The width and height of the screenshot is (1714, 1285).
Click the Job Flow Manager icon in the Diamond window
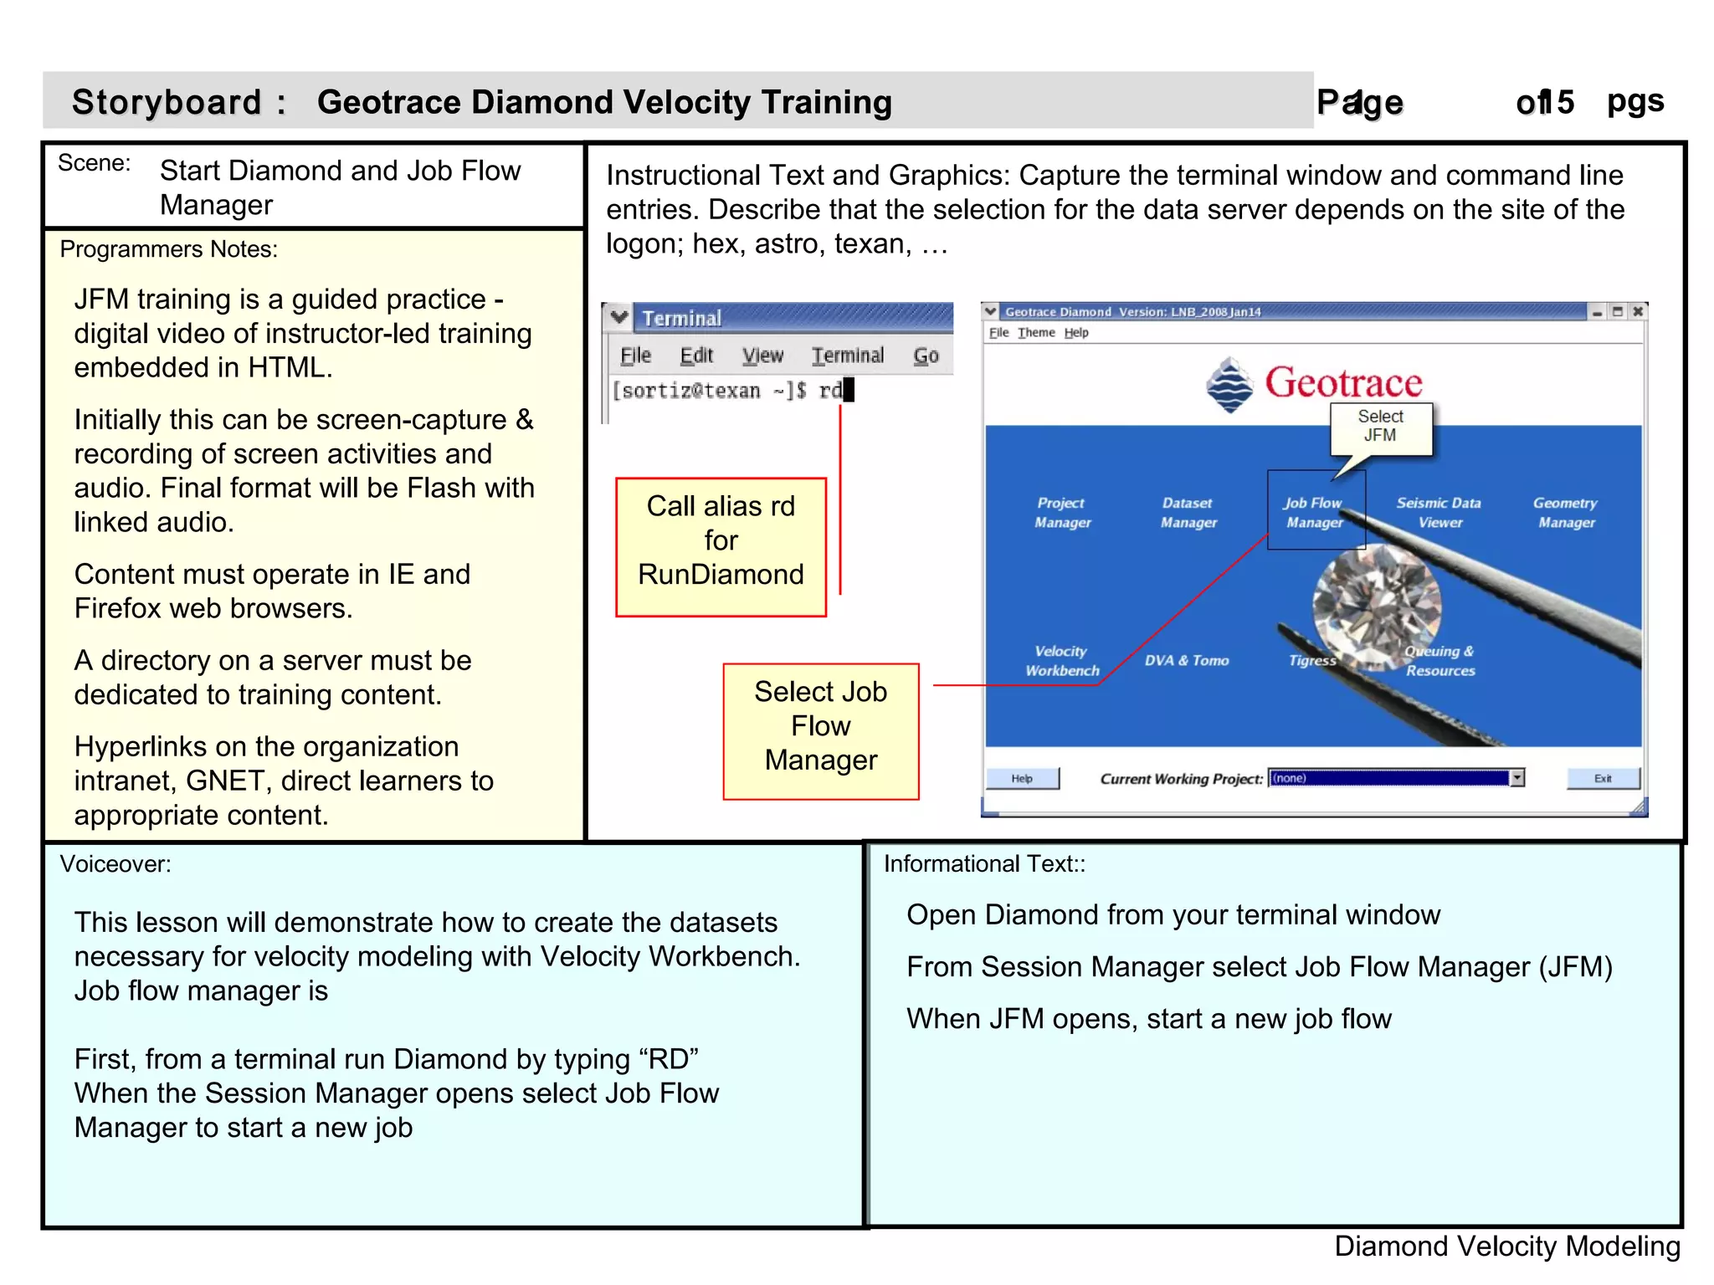point(1315,511)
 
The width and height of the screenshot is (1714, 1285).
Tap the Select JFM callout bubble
point(1380,426)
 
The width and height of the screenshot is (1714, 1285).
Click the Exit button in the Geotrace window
point(1602,778)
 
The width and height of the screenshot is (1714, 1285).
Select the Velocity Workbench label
point(1061,660)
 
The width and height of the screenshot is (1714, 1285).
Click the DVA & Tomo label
point(1186,660)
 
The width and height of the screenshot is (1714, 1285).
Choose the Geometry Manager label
point(1565,512)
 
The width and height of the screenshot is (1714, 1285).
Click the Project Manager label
point(1061,512)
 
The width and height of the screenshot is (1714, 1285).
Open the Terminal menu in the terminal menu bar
point(847,356)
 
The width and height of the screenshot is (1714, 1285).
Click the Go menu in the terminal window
point(926,356)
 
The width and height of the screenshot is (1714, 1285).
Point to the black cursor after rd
point(849,390)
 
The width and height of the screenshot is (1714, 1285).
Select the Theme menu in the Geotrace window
point(1036,332)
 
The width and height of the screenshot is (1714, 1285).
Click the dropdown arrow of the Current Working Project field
point(1516,778)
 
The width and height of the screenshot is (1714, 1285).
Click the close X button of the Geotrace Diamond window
point(1638,311)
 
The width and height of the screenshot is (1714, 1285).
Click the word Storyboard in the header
point(167,102)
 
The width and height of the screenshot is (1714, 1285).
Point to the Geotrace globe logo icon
point(1229,385)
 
